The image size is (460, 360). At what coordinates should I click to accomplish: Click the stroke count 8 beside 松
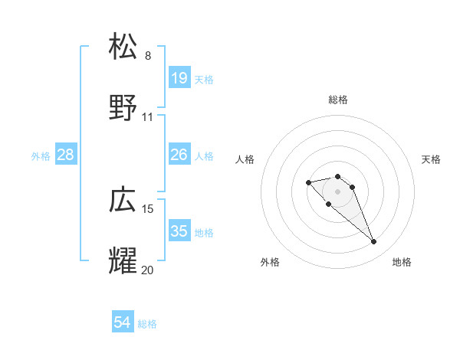148,55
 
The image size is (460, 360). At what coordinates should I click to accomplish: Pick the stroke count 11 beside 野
148,117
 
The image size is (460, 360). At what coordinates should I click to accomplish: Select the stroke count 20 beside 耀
148,270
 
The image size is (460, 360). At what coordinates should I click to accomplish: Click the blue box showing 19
179,78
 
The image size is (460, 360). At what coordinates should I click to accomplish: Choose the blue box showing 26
179,155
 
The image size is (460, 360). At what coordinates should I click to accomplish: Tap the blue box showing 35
179,232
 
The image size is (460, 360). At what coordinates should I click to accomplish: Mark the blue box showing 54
123,323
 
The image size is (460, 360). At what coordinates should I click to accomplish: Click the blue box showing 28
66,155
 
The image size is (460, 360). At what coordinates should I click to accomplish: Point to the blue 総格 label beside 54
147,324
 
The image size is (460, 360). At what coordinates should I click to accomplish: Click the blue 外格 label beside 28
41,156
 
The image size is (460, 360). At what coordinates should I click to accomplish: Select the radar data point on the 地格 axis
374,242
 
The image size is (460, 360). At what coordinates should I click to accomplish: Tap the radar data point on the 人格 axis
308,182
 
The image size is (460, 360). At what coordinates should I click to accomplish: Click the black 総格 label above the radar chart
338,100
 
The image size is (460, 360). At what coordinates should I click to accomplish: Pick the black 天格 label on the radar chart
431,159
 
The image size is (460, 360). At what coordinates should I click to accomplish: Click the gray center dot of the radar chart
338,191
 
